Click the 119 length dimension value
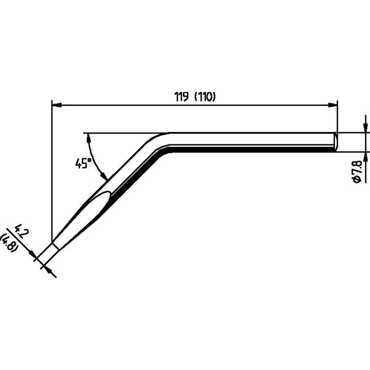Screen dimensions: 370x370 (181, 97)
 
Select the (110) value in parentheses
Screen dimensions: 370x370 (205, 97)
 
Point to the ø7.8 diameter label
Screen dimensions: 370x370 (357, 171)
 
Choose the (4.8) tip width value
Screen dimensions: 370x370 (9, 243)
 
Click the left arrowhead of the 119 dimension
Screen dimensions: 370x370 (57, 105)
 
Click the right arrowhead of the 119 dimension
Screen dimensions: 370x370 (332, 105)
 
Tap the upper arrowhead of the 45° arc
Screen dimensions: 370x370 (89, 138)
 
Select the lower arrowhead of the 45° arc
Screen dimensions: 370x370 (104, 176)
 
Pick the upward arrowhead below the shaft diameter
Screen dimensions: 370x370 (365, 157)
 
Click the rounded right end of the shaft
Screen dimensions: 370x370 (335, 142)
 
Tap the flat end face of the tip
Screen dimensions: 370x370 (55, 246)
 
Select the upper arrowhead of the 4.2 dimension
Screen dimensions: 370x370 (32, 254)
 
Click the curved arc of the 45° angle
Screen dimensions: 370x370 (94, 159)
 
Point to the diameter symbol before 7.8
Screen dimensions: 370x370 (357, 179)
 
